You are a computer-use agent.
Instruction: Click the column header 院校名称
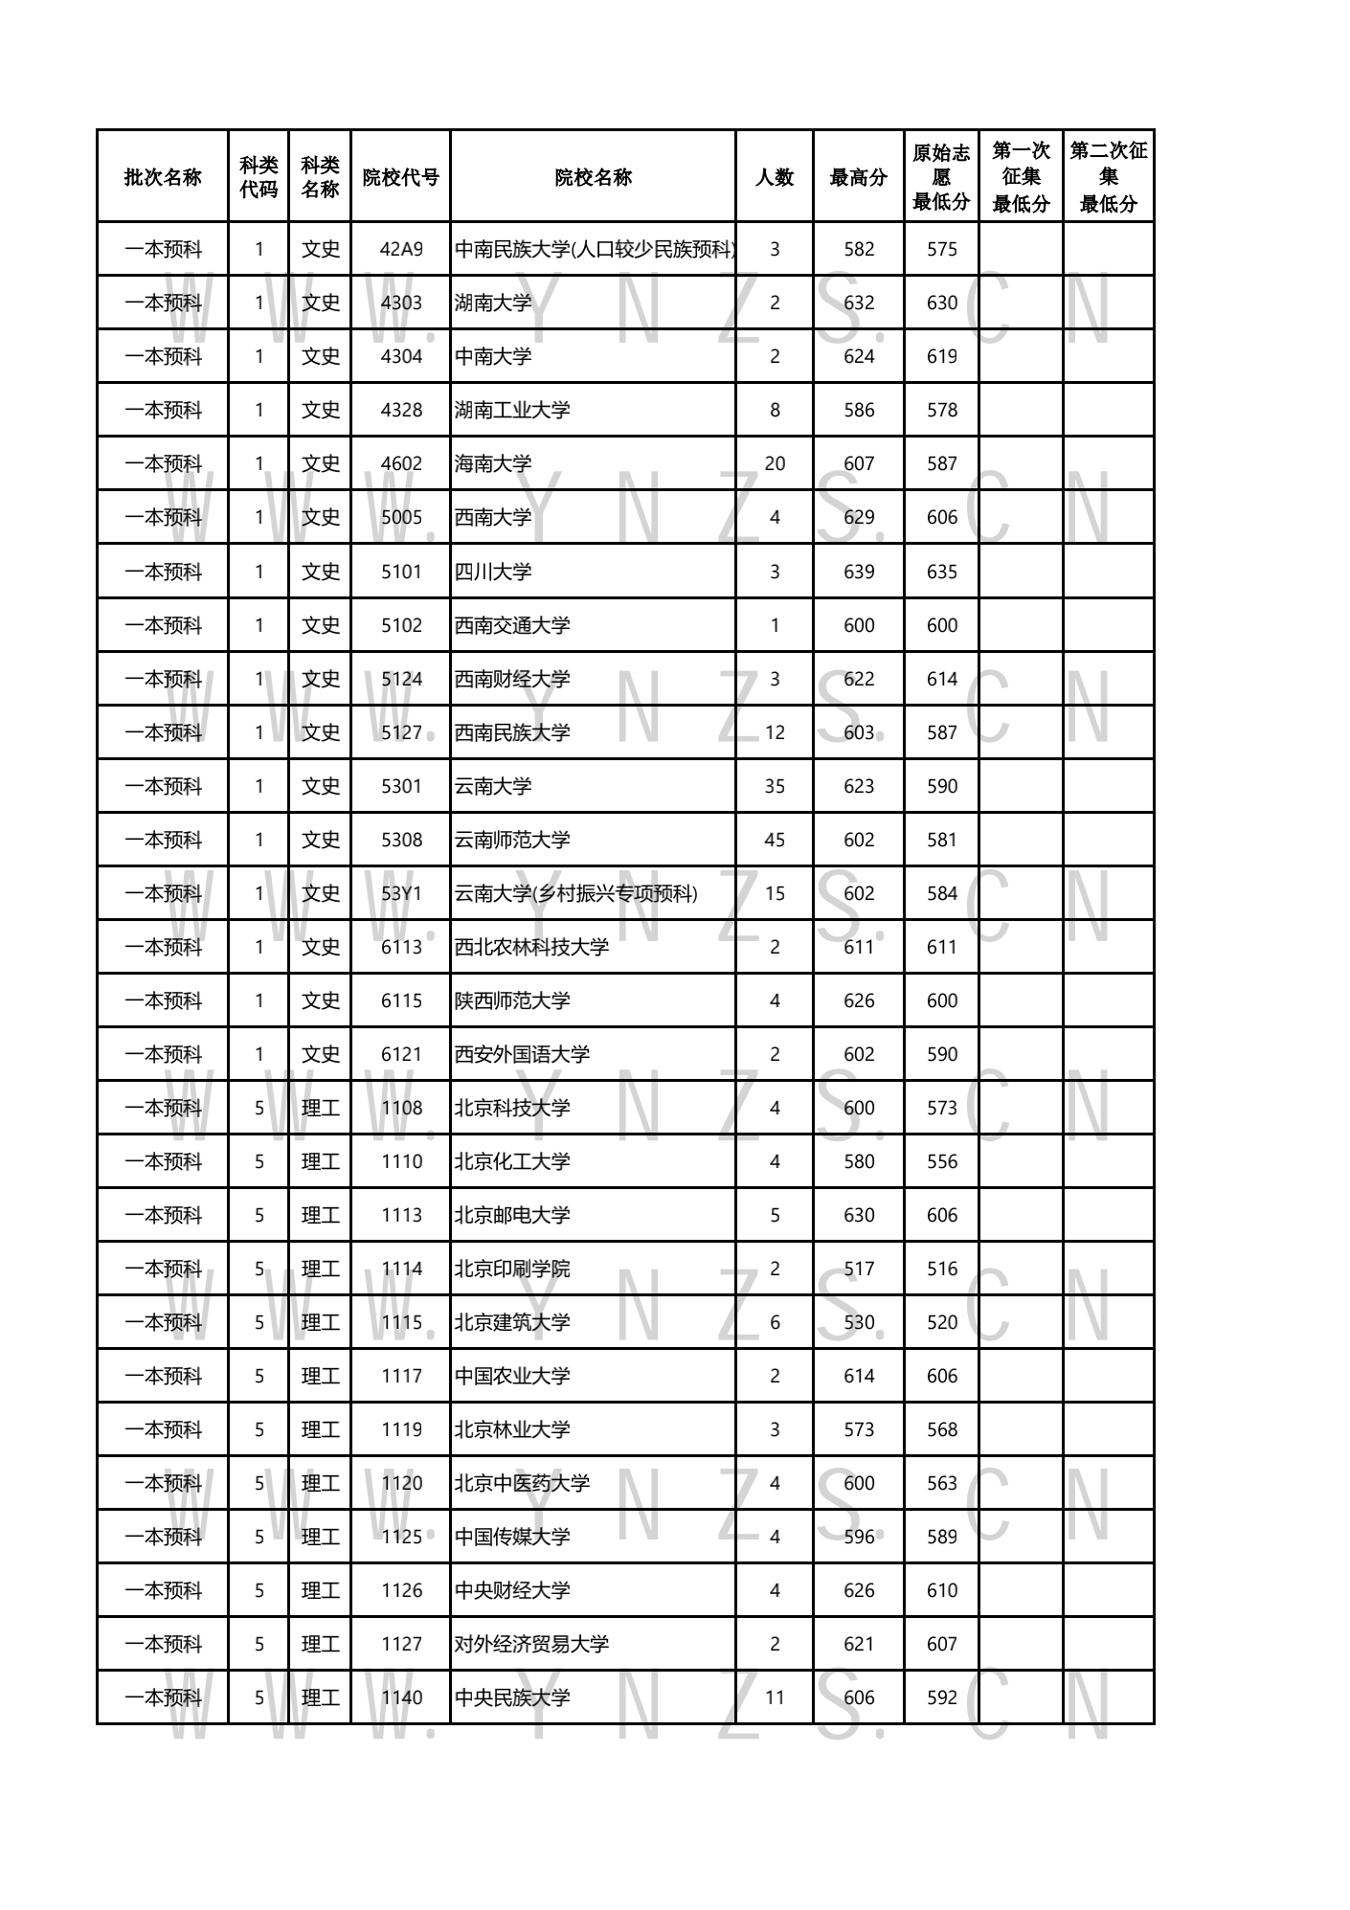(x=593, y=177)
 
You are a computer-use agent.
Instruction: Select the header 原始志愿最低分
(x=941, y=177)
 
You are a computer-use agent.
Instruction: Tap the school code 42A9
(x=401, y=250)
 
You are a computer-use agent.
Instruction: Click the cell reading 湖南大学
(x=493, y=303)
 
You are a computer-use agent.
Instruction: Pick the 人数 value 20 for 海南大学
(x=775, y=464)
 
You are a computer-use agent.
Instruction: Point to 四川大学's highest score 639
(x=859, y=572)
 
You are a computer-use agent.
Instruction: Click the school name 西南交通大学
(x=512, y=625)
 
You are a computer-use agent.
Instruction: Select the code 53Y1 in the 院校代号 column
(x=401, y=893)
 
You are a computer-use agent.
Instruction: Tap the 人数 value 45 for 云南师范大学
(x=775, y=840)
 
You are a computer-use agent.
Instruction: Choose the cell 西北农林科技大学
(x=531, y=947)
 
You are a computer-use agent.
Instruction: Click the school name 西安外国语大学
(x=522, y=1054)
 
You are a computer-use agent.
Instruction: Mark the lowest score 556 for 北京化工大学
(x=942, y=1161)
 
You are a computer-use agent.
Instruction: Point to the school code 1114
(x=401, y=1269)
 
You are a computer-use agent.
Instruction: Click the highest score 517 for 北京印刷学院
(x=859, y=1269)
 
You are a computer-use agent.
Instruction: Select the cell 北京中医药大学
(x=522, y=1483)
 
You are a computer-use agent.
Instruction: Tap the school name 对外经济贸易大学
(x=531, y=1644)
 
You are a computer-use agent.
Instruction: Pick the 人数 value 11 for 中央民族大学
(x=775, y=1697)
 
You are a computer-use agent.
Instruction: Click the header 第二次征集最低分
(x=1109, y=177)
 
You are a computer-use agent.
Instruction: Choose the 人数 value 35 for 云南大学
(x=775, y=786)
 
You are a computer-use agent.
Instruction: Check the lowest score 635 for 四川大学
(x=942, y=572)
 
